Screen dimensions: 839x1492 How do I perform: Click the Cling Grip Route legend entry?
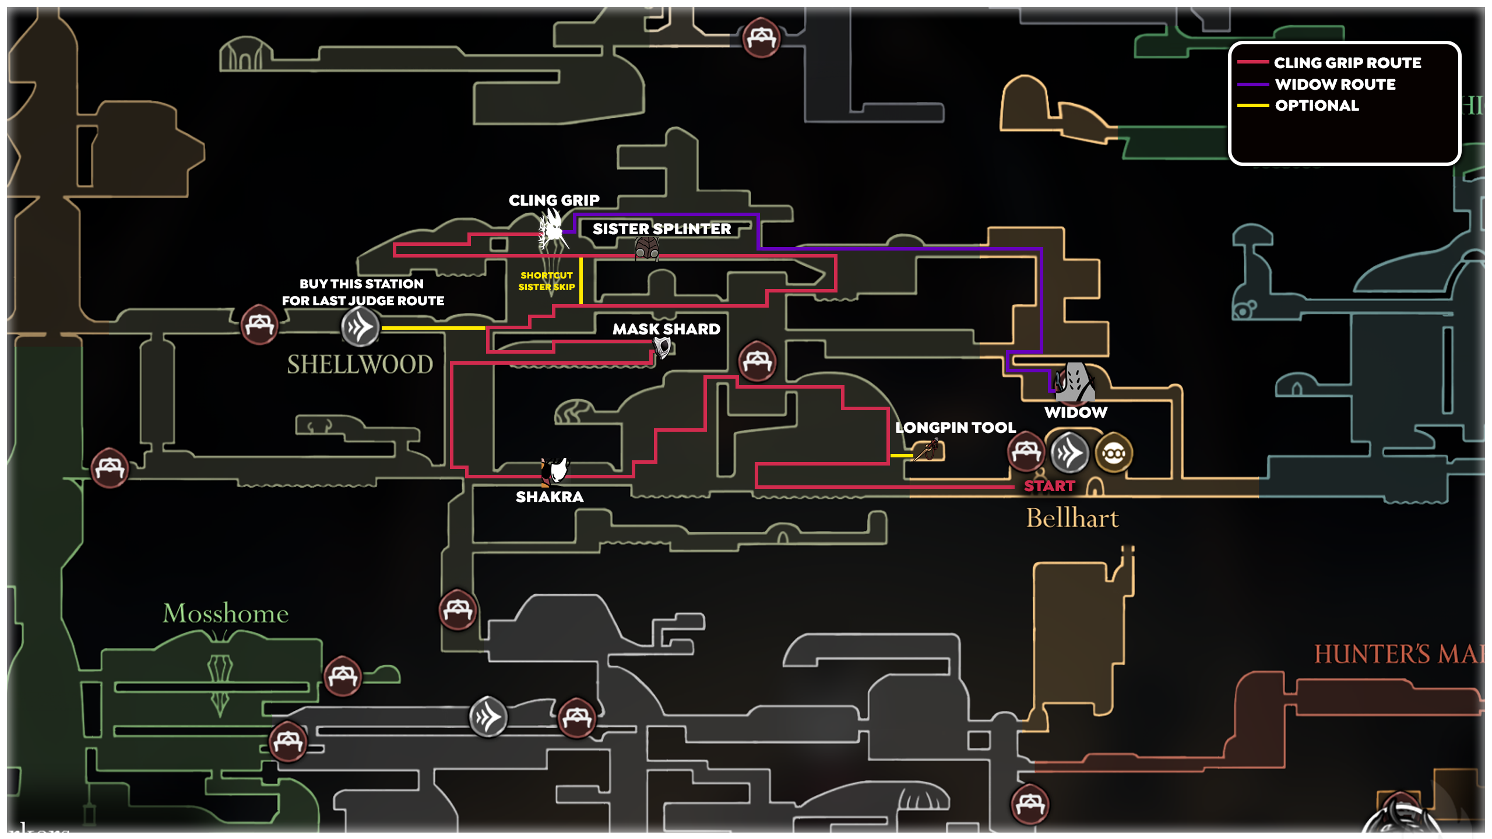point(1346,63)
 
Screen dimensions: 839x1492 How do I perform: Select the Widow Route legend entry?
point(1335,84)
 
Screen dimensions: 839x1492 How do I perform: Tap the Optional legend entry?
point(1316,105)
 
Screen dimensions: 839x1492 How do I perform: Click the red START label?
point(1049,486)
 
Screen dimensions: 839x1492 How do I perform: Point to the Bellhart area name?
point(1072,518)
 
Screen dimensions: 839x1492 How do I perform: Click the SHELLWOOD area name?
point(360,365)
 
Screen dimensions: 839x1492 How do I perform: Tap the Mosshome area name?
point(226,614)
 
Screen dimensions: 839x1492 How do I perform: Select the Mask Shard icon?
point(662,348)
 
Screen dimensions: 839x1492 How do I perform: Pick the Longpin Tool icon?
point(927,450)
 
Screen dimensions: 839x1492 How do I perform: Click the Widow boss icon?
point(1075,383)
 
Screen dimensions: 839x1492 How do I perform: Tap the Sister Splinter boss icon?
point(647,249)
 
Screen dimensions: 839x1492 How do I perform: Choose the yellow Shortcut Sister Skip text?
point(546,281)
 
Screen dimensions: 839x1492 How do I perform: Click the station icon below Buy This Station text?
point(360,326)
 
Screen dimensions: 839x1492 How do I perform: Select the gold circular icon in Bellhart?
point(1114,453)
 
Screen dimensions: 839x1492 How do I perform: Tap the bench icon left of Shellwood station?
point(260,324)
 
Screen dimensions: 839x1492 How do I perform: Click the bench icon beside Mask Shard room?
point(757,360)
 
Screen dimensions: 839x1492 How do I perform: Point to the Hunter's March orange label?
point(1399,654)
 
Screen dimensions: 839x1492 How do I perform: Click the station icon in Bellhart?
point(1069,452)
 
